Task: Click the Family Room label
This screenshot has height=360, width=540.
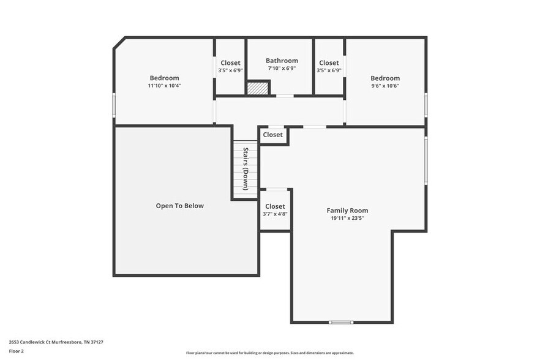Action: coord(347,210)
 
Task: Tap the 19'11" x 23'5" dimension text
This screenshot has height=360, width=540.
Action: coord(347,218)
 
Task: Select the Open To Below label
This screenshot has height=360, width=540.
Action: coord(179,206)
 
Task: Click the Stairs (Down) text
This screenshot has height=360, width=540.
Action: coord(245,168)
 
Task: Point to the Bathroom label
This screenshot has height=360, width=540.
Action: coord(282,61)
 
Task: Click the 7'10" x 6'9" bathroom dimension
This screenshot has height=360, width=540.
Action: coord(282,69)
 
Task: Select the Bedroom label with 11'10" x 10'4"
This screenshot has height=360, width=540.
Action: coord(164,78)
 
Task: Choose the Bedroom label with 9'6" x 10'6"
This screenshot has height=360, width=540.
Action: coord(385,78)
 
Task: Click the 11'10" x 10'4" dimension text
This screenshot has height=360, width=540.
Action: coord(164,86)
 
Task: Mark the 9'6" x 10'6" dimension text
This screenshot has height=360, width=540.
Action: coord(385,86)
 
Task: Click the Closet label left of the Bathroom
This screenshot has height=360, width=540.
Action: coord(230,62)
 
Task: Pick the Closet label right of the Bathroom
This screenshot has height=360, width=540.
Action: coord(329,62)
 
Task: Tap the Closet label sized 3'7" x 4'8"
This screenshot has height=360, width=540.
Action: coord(275,206)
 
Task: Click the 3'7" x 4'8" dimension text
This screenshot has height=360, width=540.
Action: coord(275,214)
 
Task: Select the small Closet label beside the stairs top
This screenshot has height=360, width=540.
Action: coord(273,135)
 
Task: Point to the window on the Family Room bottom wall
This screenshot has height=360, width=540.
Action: coord(341,322)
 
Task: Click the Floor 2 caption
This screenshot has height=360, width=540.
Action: coord(16,351)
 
